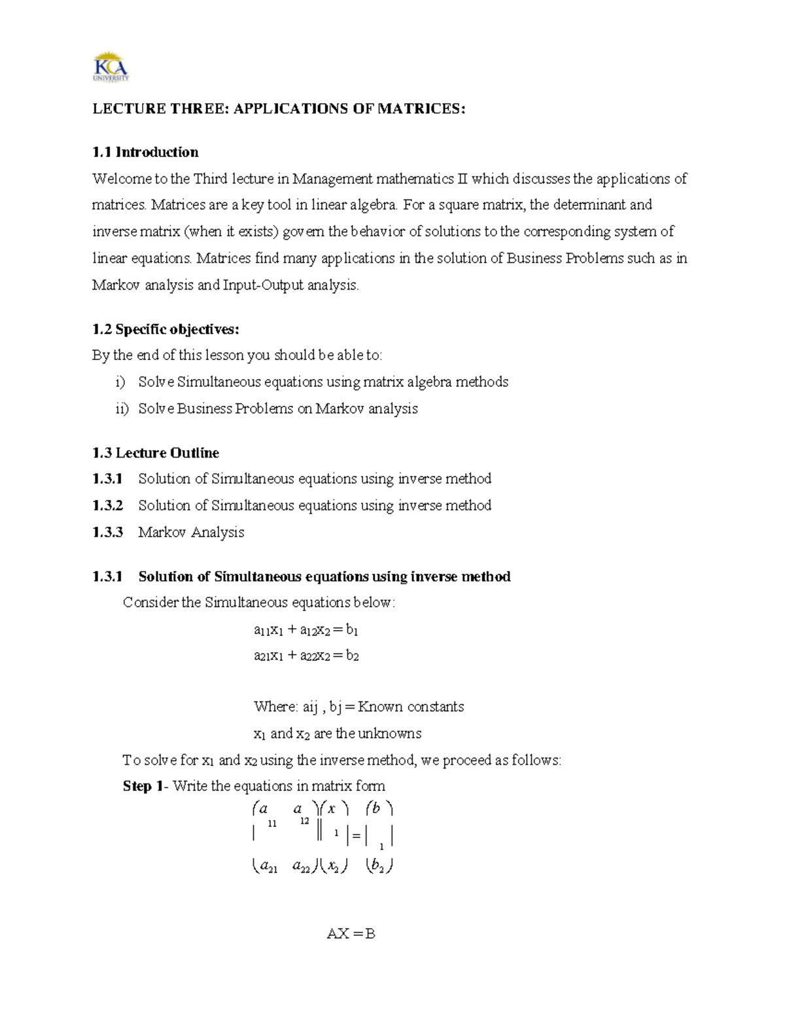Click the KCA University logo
(x=111, y=66)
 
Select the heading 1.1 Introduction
(x=145, y=152)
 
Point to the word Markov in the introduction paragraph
(x=116, y=285)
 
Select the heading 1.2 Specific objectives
(x=161, y=329)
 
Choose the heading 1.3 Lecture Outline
(x=156, y=453)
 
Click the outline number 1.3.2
(x=107, y=505)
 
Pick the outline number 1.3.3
(x=107, y=532)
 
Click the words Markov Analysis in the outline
(x=191, y=532)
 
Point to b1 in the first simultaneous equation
(x=352, y=630)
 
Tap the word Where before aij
(x=275, y=707)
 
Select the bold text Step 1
(x=142, y=786)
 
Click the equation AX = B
(x=351, y=934)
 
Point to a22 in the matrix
(x=302, y=867)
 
